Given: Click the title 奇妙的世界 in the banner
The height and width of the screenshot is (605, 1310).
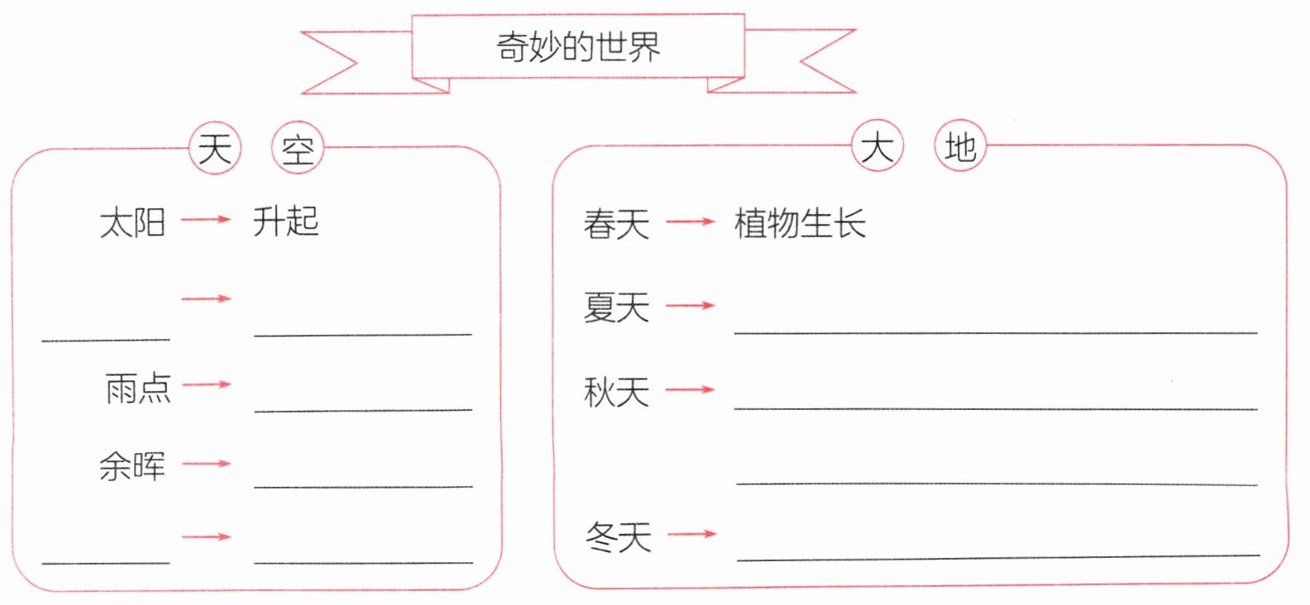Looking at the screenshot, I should pos(578,47).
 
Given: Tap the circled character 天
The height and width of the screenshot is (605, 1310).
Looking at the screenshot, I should pos(215,149).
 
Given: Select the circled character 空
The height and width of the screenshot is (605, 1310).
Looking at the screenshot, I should pos(298,150).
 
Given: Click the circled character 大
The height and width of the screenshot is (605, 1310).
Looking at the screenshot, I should pos(877,147).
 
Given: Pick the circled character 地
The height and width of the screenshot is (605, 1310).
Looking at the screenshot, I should pos(960,147).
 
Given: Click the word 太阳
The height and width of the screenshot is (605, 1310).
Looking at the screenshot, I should pos(132,222).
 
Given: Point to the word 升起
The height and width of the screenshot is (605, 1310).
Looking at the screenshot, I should pos(286,221).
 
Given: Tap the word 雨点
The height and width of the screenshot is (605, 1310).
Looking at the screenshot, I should pos(138,388).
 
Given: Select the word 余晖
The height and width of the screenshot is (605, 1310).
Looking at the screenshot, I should pos(132,466).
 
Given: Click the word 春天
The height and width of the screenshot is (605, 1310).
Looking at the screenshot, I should pos(617,224).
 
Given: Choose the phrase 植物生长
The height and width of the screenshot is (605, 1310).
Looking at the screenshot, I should pos(800,223).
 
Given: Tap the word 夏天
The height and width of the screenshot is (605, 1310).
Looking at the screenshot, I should pos(617,307).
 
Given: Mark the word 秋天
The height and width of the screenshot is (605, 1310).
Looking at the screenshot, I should pos(617,392).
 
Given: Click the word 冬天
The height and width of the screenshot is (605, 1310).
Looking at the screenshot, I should pos(619,537).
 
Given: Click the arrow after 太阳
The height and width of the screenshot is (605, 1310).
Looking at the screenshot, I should pos(206,219).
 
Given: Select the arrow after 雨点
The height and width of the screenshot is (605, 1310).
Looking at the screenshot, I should pos(207,384).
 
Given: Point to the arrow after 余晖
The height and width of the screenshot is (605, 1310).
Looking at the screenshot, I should pos(207,464).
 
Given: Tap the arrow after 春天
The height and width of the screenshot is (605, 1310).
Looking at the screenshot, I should pos(691,222).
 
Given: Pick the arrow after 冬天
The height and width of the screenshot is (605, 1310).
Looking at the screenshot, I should pos(691,534).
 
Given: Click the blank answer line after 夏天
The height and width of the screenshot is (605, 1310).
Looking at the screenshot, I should pos(996,331).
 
